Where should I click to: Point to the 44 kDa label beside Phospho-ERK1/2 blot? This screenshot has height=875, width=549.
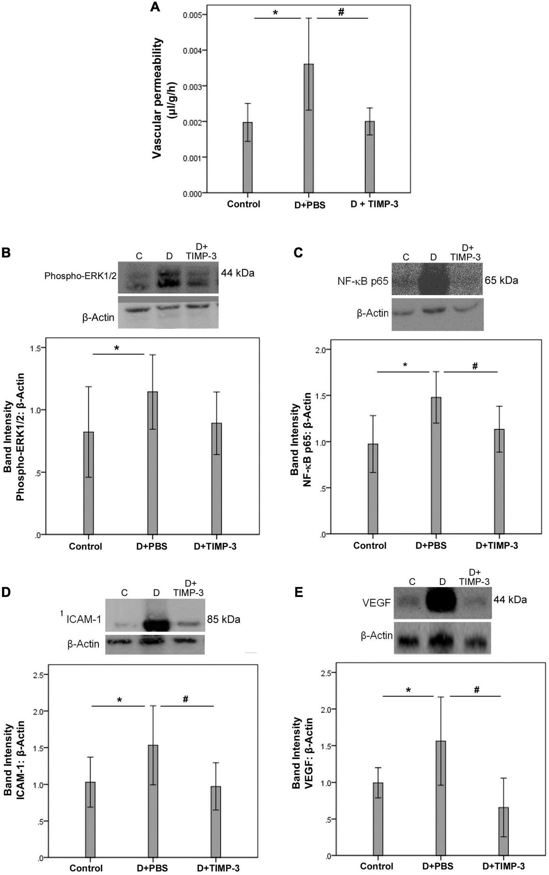pyautogui.click(x=237, y=273)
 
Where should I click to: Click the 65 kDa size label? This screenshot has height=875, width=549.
pyautogui.click(x=501, y=280)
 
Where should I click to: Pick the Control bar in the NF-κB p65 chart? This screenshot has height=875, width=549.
pyautogui.click(x=373, y=488)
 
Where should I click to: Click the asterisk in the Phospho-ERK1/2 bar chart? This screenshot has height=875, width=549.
pyautogui.click(x=117, y=348)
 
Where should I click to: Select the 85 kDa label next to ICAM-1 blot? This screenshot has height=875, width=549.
pyautogui.click(x=223, y=619)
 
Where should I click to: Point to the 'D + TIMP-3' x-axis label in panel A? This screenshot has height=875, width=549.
pyautogui.click(x=374, y=204)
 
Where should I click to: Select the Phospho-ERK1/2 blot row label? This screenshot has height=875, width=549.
pyautogui.click(x=81, y=276)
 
